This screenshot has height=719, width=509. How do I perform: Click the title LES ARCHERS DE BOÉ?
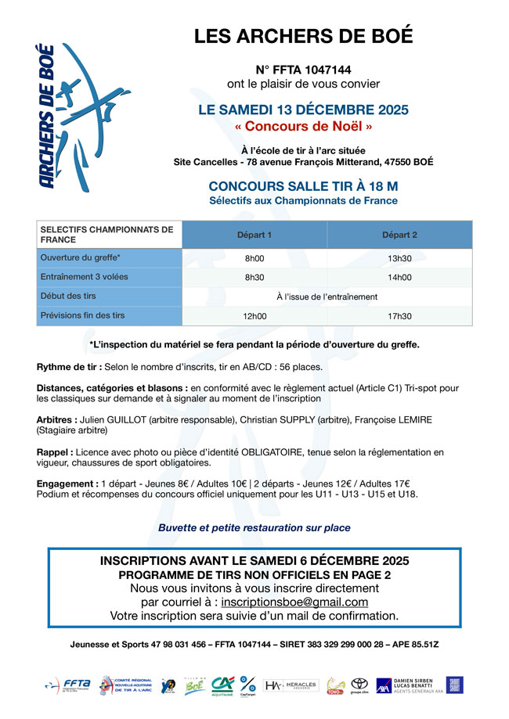point(303,36)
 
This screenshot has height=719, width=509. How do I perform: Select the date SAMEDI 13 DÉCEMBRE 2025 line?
point(303,110)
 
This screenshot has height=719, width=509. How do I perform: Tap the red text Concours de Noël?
point(303,126)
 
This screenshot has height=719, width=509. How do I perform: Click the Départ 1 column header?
point(254,235)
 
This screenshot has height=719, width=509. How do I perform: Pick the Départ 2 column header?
point(399,235)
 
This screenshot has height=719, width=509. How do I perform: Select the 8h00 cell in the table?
point(254,258)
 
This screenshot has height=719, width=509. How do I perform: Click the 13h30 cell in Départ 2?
point(399,258)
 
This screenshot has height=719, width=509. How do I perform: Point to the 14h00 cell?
point(399,277)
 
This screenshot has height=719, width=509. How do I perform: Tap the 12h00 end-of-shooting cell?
point(254,316)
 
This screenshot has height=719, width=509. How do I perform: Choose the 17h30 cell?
point(399,316)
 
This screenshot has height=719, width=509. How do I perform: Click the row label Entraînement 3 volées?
point(84,277)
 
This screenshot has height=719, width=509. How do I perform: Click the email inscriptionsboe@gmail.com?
point(294,602)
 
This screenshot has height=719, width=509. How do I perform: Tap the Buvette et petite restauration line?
point(254,528)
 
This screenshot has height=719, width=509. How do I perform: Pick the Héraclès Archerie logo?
point(291,686)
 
